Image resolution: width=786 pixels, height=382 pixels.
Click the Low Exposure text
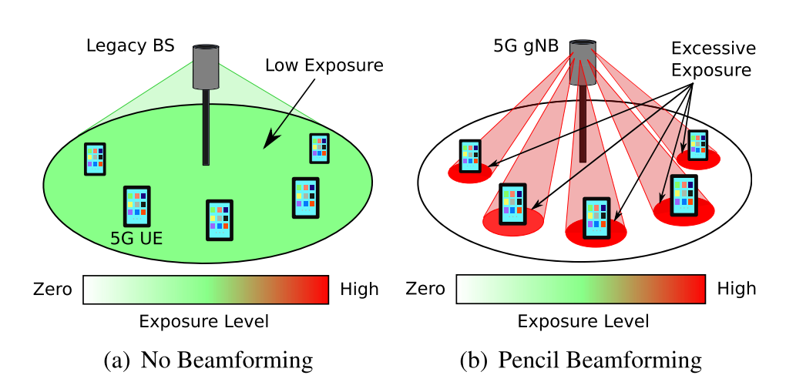point(324,65)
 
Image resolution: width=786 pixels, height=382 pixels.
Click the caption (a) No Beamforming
point(207,360)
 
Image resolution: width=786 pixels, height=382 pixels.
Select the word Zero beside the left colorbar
point(52,290)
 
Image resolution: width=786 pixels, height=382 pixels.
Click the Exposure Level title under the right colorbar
point(583,320)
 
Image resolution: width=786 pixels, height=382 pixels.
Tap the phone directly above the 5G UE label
point(136,206)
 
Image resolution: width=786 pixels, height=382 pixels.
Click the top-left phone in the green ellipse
point(95,159)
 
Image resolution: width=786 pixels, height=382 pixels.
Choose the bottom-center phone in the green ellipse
point(220,219)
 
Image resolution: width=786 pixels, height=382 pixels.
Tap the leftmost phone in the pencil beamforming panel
point(470,156)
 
